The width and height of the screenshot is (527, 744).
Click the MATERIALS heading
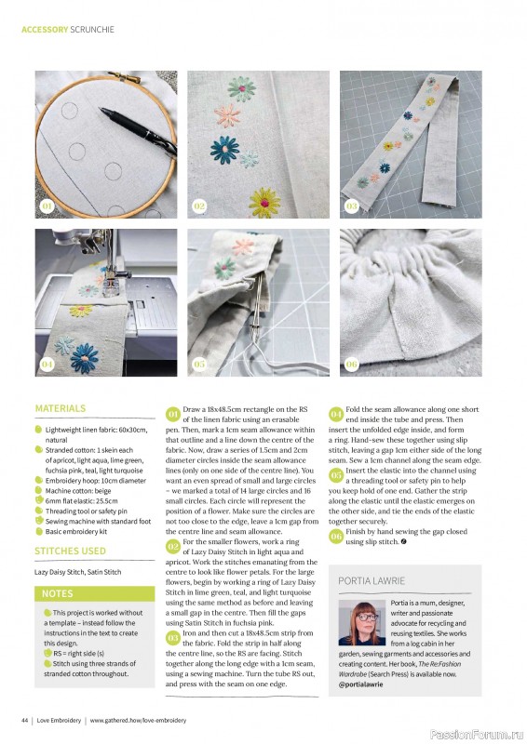61,408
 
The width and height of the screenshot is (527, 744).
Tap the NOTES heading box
58,592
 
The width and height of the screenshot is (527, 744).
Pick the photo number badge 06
351,365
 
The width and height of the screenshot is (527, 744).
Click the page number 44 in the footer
25,721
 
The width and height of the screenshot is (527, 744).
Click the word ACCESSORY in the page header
45,29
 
